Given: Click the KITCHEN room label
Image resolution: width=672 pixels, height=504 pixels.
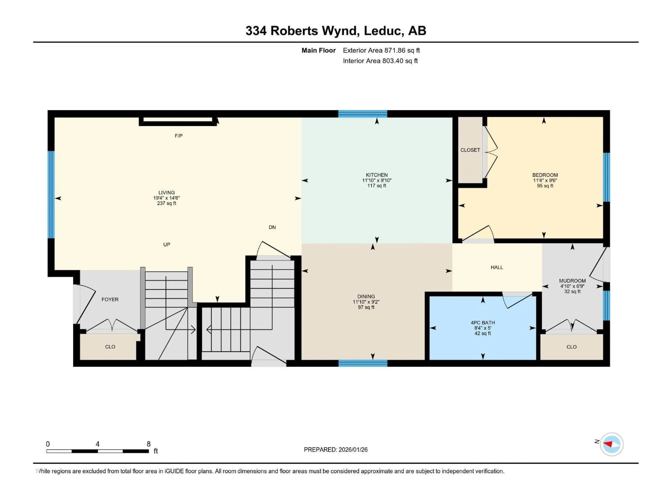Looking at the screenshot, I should click(377, 175).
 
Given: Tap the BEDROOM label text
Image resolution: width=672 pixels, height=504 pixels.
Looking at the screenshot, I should click(545, 175).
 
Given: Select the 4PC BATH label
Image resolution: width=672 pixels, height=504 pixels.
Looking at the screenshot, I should click(483, 323).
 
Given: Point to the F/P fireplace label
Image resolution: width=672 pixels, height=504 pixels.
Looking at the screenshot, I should click(179, 136).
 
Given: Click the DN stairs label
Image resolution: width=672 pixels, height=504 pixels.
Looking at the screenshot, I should click(272, 227).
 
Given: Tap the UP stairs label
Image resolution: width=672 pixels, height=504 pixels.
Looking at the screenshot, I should click(166, 244).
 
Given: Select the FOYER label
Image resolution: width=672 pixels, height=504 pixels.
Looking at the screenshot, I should click(110, 300).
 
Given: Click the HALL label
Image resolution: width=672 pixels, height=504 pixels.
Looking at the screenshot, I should click(497, 267).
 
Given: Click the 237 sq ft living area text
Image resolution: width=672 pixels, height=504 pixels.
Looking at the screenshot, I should click(166, 203).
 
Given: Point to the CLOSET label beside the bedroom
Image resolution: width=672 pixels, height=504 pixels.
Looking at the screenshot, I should click(470, 150).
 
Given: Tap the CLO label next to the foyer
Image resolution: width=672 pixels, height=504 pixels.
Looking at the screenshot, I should click(110, 347).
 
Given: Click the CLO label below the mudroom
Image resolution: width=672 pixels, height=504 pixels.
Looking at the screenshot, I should click(571, 347).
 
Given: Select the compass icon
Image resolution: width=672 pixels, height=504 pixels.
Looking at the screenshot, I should click(612, 444).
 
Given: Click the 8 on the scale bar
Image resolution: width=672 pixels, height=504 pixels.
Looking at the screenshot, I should click(149, 444).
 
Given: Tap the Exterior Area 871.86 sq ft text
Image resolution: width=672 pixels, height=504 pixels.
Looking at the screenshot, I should click(381, 50).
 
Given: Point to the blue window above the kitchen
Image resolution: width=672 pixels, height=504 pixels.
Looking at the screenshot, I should click(363, 114).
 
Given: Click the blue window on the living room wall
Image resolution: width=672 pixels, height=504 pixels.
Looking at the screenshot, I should click(51, 194).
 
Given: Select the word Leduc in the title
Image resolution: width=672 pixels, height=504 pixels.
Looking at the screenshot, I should click(384, 31).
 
